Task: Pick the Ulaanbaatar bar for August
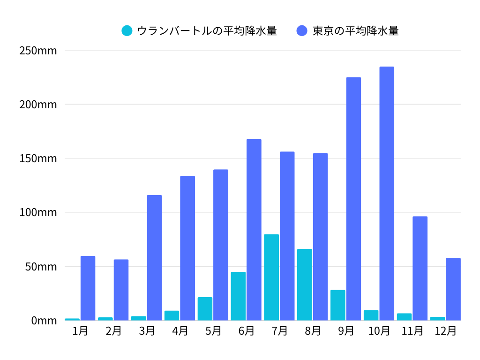coord(305,285)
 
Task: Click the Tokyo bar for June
coord(254,230)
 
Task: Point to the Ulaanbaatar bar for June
coord(238,296)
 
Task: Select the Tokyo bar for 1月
coord(88,288)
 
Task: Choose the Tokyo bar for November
coord(420,268)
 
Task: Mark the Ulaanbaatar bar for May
coord(205,309)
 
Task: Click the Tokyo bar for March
coord(154,258)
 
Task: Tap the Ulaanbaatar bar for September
coord(338,305)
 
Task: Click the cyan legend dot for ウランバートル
coord(127,31)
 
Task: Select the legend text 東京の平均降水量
coord(356,31)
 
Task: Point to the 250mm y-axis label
coord(38,51)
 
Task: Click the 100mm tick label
coord(38,212)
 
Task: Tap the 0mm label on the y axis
coord(44,321)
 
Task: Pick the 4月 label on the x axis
coord(180,331)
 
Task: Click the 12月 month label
coord(445,331)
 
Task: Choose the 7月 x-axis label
coord(279,331)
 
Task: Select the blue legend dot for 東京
coord(302,31)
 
